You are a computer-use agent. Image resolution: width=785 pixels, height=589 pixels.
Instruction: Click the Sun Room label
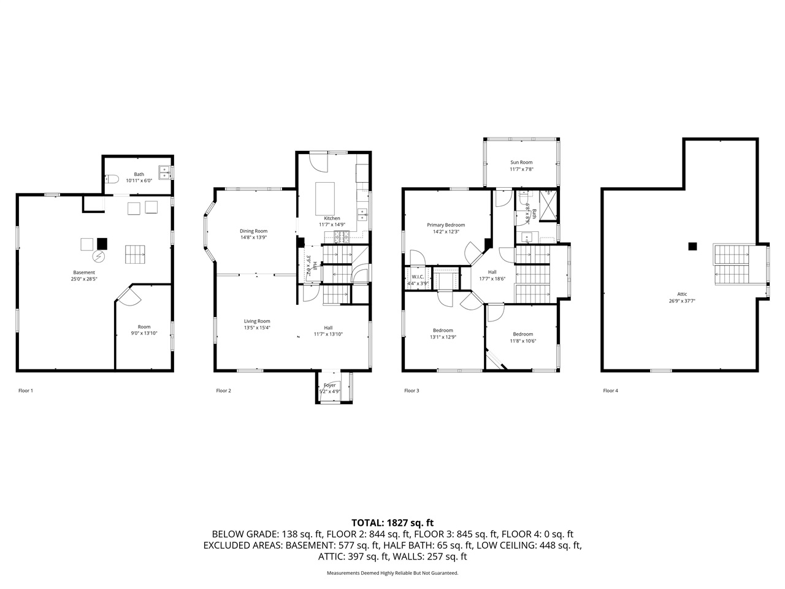[521, 163]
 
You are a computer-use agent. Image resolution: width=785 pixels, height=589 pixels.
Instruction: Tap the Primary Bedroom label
[446, 225]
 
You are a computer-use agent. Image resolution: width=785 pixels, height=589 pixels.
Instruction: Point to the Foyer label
[329, 385]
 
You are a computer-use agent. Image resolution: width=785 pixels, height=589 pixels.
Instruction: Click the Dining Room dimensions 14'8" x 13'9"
[253, 237]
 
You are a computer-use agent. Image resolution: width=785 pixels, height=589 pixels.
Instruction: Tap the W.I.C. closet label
[418, 277]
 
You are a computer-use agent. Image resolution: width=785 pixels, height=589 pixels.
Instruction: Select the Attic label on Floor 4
[682, 294]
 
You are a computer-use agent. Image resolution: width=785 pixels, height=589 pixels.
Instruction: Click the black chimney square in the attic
[692, 247]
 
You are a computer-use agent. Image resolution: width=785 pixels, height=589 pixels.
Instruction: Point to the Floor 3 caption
[412, 390]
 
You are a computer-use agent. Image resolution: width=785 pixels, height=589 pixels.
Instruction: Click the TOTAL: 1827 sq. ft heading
[392, 523]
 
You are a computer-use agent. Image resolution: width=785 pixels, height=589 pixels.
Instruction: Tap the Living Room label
[257, 321]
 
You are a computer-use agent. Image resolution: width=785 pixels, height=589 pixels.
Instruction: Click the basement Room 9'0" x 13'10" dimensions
[144, 333]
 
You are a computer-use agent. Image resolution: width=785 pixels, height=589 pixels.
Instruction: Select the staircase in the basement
[136, 255]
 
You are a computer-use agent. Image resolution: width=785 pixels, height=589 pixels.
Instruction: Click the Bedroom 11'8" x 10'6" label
[523, 334]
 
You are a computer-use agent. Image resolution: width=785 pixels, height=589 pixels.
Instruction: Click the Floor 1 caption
[26, 390]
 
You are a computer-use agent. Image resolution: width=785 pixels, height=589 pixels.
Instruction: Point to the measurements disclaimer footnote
[392, 573]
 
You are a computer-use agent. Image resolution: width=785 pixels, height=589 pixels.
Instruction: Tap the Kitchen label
[332, 218]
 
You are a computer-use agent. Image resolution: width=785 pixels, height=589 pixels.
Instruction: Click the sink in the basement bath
[165, 173]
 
